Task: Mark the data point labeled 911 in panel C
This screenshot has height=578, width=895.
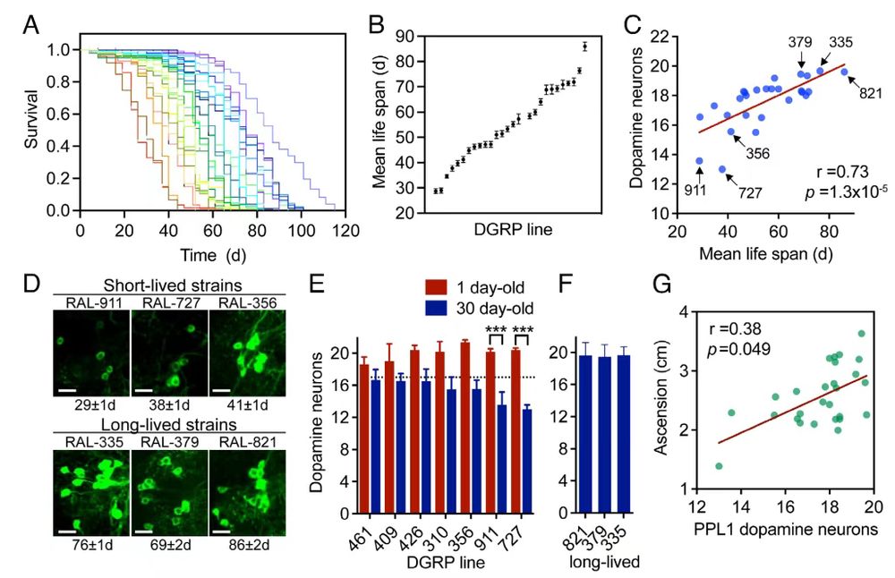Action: click(699, 161)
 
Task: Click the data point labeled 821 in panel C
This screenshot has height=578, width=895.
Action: click(843, 72)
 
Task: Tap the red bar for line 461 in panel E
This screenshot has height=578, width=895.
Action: click(364, 439)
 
